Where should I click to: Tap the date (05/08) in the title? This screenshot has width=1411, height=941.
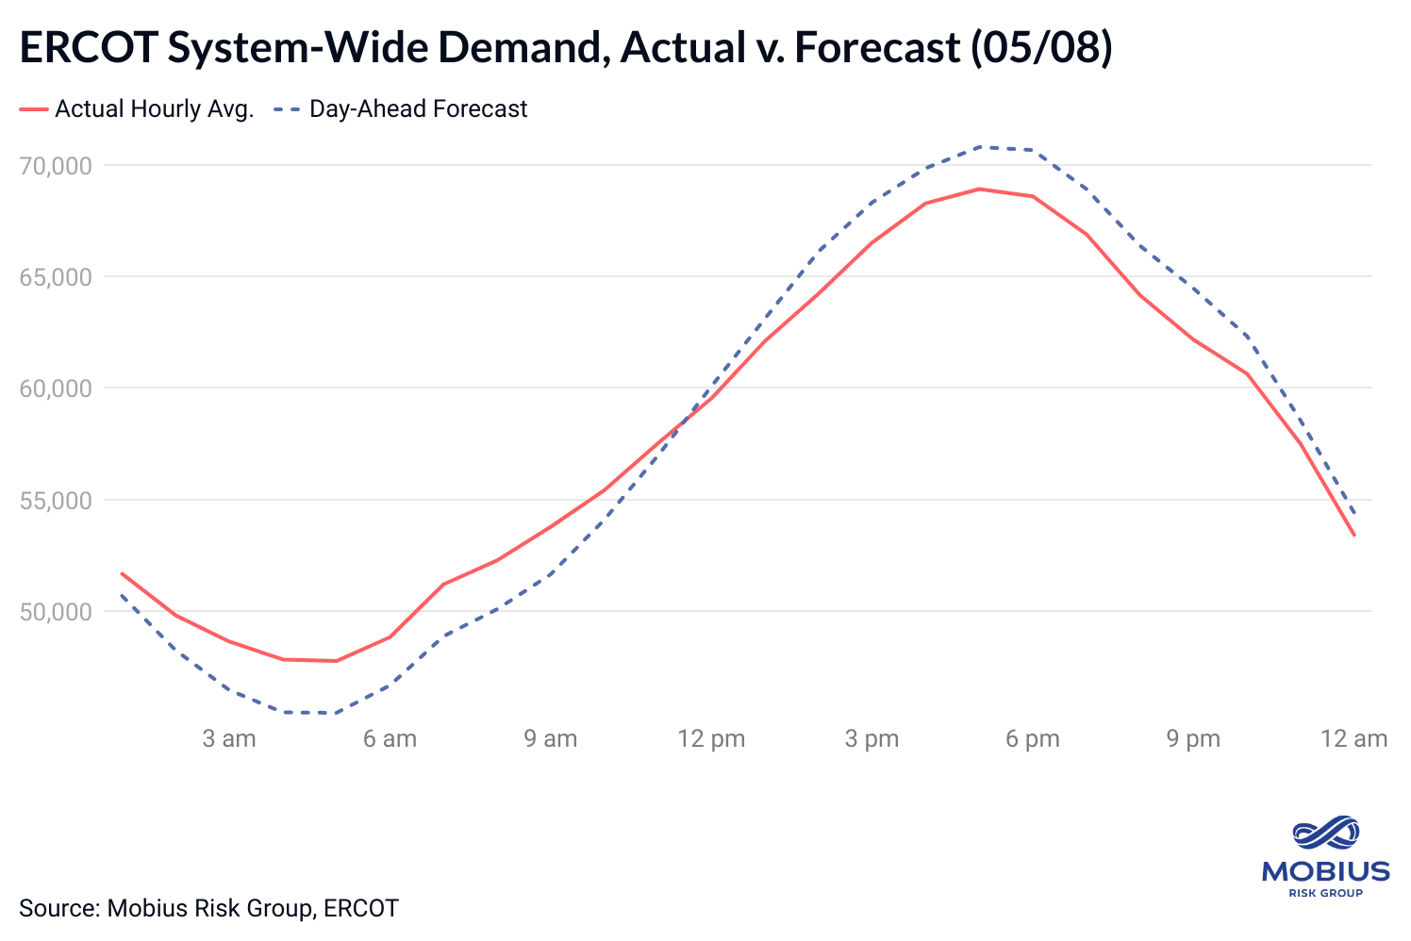tap(1041, 48)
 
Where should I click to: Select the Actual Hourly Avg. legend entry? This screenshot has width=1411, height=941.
tap(154, 109)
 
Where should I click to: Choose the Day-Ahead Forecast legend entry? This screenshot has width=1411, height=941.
tap(418, 109)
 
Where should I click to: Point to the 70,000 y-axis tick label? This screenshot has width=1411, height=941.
tap(56, 166)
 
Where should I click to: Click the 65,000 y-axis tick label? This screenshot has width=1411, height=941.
tap(56, 277)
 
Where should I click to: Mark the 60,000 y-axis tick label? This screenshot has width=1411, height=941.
tap(56, 388)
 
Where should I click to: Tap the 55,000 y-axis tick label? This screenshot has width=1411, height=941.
tap(56, 500)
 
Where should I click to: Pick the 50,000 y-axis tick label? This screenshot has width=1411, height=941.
tap(56, 612)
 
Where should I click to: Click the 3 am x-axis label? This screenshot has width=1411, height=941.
tap(229, 738)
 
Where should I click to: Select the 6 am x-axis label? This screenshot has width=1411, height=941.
tap(390, 738)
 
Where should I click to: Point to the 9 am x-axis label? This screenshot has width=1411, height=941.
tap(551, 738)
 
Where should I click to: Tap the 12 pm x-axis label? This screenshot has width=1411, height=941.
tap(711, 738)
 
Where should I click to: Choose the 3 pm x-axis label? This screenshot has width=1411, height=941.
tap(871, 738)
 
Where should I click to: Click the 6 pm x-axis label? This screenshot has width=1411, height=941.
tap(1032, 738)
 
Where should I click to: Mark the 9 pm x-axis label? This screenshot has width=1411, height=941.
tap(1193, 738)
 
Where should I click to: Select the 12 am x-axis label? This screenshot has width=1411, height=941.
tap(1353, 738)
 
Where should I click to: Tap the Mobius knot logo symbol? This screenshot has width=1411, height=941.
tap(1325, 834)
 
